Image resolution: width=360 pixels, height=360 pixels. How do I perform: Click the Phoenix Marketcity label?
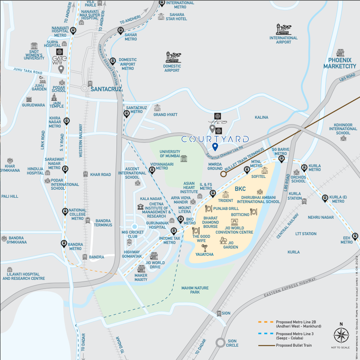point(339,63)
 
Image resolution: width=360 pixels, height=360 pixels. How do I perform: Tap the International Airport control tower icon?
point(283,29)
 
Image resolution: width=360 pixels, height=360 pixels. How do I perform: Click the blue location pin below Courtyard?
point(215,147)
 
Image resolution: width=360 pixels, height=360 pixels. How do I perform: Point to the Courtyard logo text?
point(215,139)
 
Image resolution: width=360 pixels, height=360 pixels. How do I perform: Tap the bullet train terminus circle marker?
point(223,174)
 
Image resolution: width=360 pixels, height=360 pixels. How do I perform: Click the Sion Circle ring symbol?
point(220,342)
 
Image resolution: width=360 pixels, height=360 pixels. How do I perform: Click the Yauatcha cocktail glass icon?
point(204,248)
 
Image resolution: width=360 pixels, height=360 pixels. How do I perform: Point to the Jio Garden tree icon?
point(223,241)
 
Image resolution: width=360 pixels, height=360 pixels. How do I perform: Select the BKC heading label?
point(240,189)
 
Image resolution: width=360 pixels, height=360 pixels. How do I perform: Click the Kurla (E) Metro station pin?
point(325,198)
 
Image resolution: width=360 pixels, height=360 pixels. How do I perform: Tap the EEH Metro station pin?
point(355,236)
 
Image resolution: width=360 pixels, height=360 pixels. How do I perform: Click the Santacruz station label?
point(106,89)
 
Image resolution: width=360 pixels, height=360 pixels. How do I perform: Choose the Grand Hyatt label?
point(166,115)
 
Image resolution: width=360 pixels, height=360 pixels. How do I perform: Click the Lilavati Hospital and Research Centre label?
point(24,276)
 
